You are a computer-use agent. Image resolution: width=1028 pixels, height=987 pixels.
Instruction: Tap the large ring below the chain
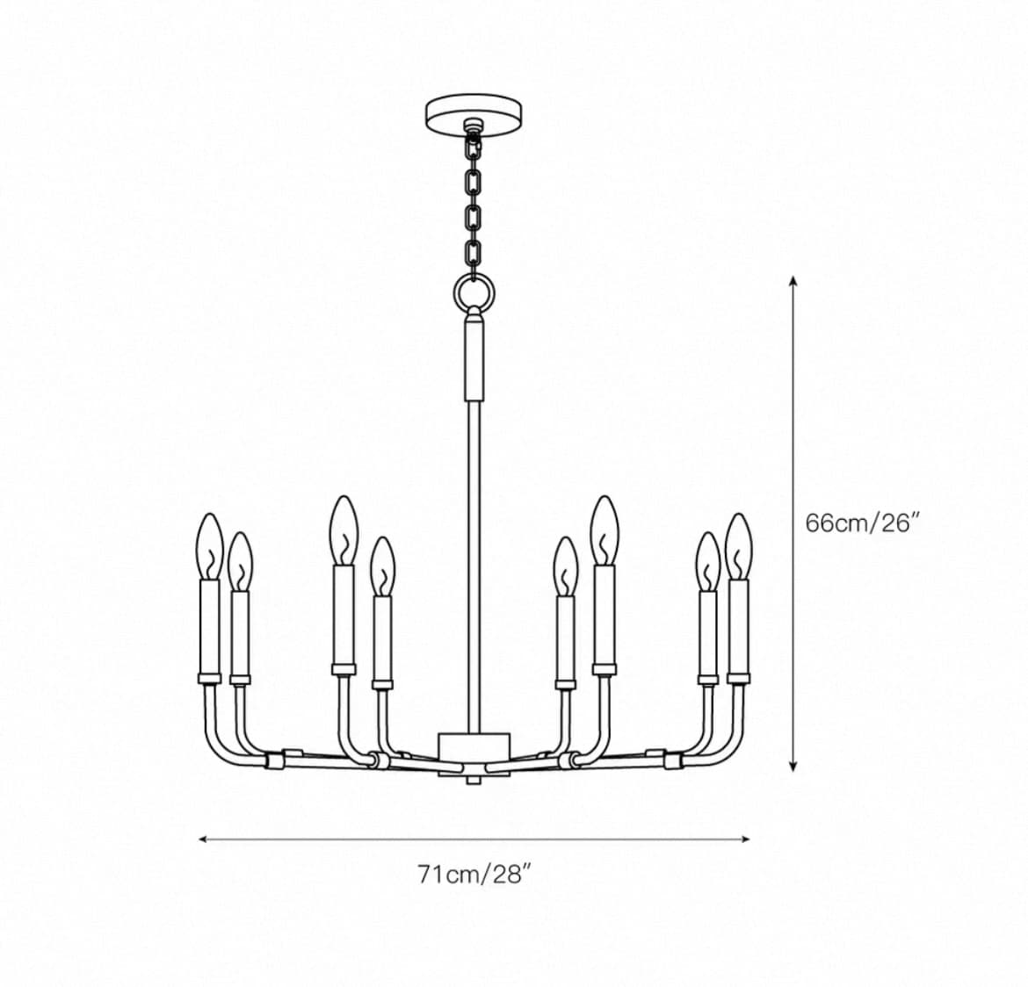pos(474,289)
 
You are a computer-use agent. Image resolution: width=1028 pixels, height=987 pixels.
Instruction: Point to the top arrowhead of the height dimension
pos(793,281)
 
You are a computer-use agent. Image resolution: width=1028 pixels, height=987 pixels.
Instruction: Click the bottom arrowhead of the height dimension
pos(793,765)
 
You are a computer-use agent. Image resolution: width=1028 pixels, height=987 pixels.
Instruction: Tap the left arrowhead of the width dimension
pos(203,839)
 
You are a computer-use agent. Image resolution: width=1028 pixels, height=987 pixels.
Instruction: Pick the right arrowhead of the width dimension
pos(745,839)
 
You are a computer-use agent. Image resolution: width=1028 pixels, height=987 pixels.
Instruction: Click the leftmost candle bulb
pos(209,546)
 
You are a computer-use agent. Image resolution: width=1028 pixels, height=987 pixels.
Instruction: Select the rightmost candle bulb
pos(739,546)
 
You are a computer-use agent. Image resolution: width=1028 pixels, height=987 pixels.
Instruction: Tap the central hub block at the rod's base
pos(474,753)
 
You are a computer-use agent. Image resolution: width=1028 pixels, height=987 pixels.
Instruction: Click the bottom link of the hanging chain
pos(474,252)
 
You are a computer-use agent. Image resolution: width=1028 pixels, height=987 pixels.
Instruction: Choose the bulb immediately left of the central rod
pos(382,566)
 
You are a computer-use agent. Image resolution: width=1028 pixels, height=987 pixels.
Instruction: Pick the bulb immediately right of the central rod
pos(565,566)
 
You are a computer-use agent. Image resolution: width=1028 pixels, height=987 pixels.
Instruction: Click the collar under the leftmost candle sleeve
pos(210,678)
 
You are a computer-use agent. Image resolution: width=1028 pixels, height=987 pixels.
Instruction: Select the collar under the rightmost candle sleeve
pos(739,678)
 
